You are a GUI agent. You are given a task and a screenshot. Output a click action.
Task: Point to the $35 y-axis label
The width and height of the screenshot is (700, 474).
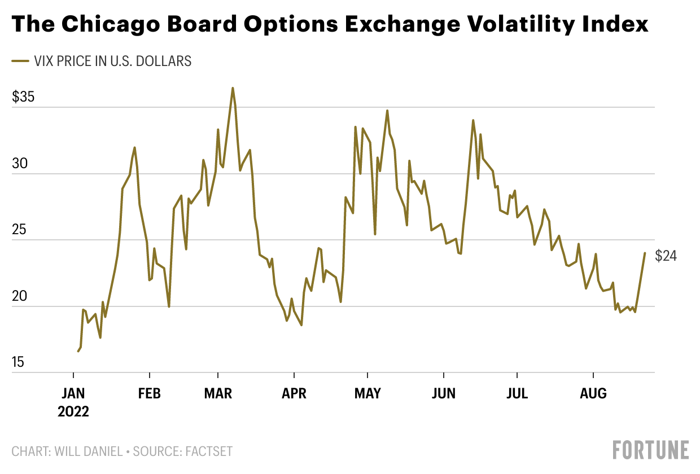23,97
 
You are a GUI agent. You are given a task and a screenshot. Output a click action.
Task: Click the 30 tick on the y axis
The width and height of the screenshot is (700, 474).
20,164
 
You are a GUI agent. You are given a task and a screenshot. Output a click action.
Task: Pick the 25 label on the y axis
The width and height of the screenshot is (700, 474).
20,230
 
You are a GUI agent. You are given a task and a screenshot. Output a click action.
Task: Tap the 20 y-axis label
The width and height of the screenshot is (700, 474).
20,296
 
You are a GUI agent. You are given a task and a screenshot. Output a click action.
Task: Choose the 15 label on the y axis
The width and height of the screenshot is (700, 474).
19,362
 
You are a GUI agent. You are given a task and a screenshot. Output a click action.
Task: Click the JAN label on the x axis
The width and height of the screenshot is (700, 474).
73,393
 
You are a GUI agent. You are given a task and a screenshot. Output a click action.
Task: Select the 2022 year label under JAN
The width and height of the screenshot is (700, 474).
73,411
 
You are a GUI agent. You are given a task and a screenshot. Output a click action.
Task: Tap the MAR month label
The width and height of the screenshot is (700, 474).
218,393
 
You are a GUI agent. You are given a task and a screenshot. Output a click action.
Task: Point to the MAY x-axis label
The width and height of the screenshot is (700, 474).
368,393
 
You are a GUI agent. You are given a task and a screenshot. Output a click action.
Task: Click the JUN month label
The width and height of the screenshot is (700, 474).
444,393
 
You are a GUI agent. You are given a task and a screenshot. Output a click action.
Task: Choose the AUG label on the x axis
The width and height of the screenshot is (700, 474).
593,393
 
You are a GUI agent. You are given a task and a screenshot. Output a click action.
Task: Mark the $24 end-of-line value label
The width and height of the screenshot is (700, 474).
666,256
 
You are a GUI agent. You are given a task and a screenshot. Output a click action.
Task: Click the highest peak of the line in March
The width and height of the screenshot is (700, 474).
233,88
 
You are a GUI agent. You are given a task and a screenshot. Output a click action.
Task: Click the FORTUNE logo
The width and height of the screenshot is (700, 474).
651,450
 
